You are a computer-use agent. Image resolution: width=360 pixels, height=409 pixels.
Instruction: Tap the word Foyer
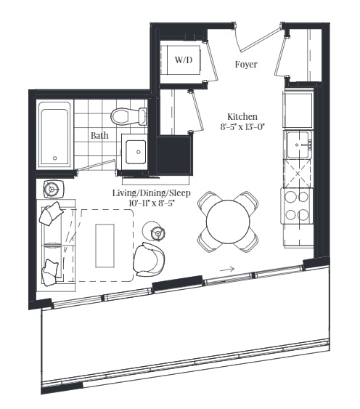(x=246, y=65)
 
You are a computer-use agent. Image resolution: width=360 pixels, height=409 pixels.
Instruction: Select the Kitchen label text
(x=242, y=116)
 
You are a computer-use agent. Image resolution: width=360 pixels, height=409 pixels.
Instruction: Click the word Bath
(x=100, y=135)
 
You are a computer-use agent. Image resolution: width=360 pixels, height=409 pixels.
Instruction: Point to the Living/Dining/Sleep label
(x=150, y=193)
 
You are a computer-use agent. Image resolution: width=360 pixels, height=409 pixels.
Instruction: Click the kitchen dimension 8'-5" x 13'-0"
(x=242, y=127)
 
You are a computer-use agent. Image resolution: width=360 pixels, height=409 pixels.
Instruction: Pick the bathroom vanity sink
(x=135, y=152)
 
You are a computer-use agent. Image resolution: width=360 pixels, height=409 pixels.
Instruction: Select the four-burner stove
(x=296, y=205)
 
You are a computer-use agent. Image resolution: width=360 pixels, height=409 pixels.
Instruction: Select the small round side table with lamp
(x=157, y=232)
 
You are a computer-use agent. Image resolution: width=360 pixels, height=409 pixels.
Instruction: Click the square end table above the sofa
(x=52, y=190)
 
